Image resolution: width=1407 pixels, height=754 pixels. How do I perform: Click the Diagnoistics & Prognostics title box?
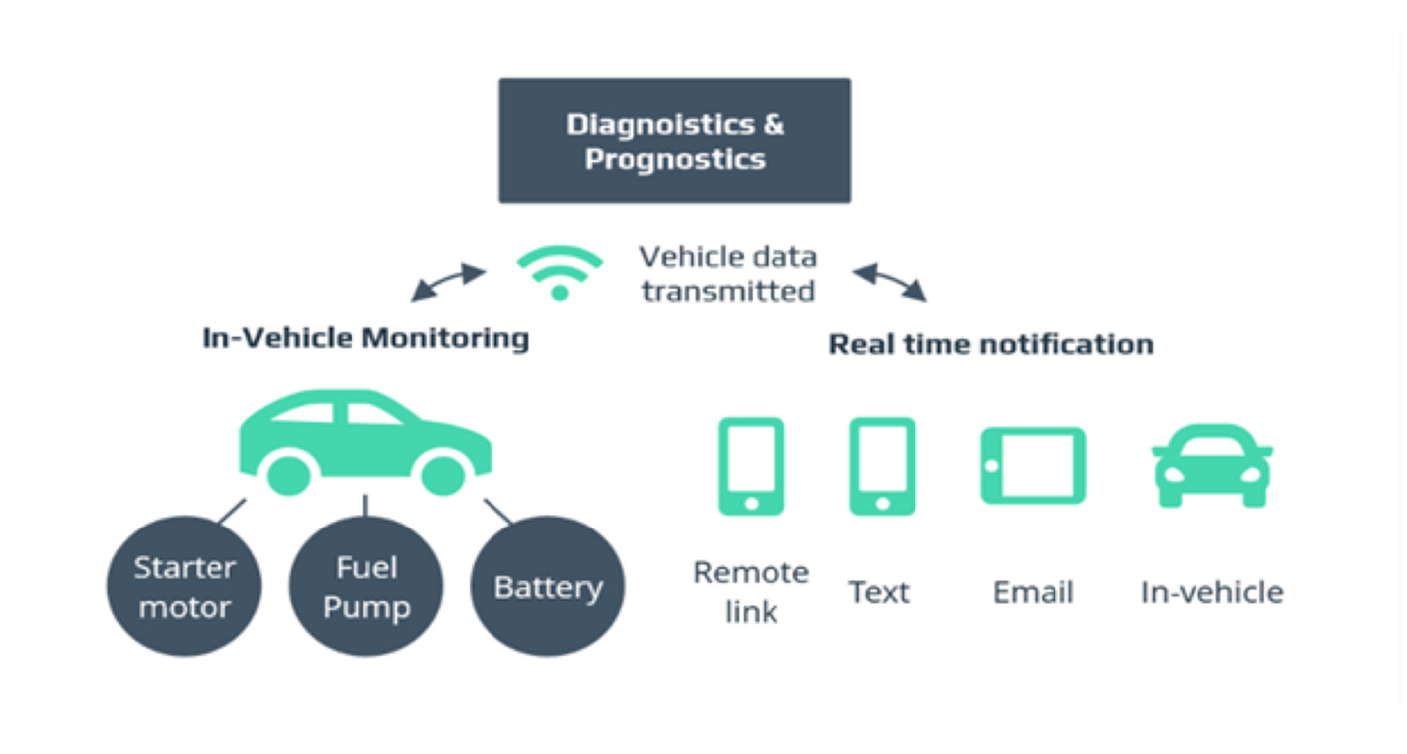(x=674, y=140)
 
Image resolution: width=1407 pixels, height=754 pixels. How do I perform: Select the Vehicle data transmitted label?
(x=728, y=274)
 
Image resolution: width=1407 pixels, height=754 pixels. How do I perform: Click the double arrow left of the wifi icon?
(x=448, y=282)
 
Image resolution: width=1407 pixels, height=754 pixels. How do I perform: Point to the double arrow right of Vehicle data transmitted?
(x=890, y=282)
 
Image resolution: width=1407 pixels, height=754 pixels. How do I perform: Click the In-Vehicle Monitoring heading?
(x=365, y=338)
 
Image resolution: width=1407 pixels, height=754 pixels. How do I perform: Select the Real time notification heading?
(x=991, y=344)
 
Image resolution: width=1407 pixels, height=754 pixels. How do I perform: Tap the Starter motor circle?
(x=184, y=585)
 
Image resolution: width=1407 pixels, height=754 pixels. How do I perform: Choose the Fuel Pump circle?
(x=365, y=585)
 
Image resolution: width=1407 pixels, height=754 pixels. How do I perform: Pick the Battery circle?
(x=547, y=585)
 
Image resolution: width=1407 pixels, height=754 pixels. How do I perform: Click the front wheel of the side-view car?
(x=443, y=476)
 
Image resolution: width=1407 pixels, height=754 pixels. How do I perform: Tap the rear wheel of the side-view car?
(x=288, y=476)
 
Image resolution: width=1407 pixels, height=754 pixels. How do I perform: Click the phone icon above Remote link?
(x=752, y=466)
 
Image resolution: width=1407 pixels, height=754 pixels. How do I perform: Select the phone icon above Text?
(x=883, y=466)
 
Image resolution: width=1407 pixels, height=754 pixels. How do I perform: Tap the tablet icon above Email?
(x=1034, y=466)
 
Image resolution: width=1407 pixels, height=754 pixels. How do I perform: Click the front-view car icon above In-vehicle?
(x=1212, y=466)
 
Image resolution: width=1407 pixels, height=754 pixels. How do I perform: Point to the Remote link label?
(x=752, y=592)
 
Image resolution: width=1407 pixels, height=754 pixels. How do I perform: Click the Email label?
(x=1034, y=592)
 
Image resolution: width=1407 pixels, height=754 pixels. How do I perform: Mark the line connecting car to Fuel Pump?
(x=365, y=506)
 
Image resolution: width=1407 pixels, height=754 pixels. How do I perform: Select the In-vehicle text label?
(x=1212, y=592)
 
